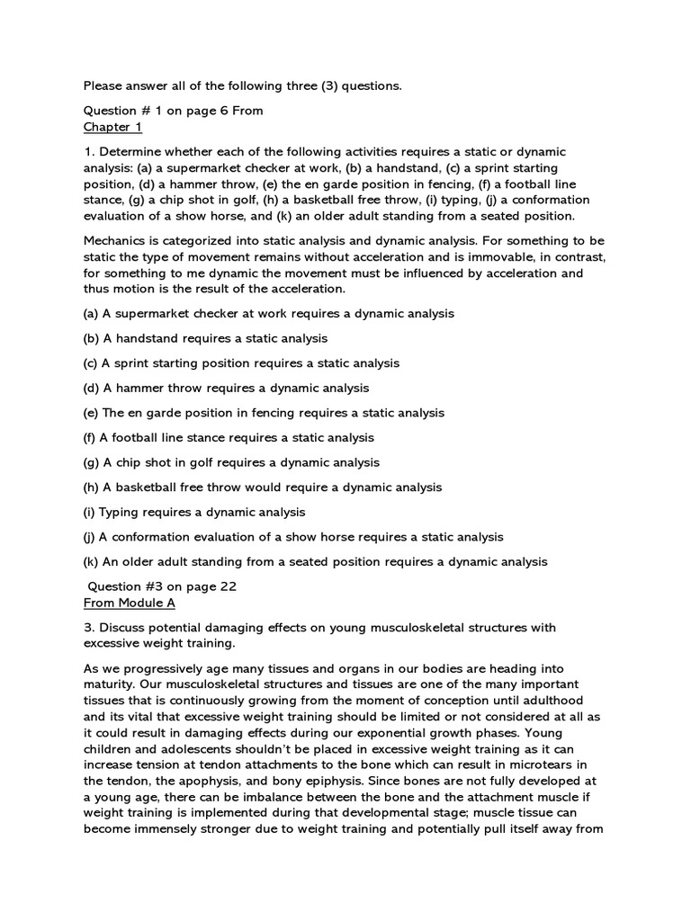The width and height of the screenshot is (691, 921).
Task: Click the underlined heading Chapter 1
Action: pyautogui.click(x=112, y=126)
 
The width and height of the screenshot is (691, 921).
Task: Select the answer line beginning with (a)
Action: pyautogui.click(x=269, y=314)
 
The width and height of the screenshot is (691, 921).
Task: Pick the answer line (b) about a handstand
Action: pyautogui.click(x=206, y=338)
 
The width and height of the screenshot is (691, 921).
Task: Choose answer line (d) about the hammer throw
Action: pyautogui.click(x=227, y=388)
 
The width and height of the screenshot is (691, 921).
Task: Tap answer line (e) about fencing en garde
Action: pyautogui.click(x=265, y=413)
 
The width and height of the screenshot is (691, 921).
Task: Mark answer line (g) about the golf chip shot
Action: pyautogui.click(x=232, y=462)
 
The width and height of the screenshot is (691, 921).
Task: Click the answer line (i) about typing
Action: pyautogui.click(x=195, y=512)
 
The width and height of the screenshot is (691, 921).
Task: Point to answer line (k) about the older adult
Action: pyautogui.click(x=316, y=561)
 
